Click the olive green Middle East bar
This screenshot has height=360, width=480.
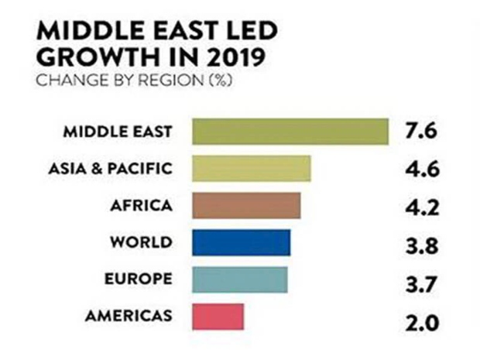(290, 132)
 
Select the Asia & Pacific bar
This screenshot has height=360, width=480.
(251, 168)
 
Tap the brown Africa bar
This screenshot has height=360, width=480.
(245, 205)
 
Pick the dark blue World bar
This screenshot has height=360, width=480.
(241, 242)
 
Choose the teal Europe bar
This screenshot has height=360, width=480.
(239, 279)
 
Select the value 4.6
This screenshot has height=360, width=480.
(422, 168)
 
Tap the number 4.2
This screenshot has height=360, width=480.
(422, 207)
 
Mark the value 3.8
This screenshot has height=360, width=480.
(422, 246)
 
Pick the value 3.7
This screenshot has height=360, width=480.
(422, 283)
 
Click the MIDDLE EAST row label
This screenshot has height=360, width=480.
(118, 132)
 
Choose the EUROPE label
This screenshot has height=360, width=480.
(138, 279)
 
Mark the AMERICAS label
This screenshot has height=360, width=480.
(129, 316)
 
